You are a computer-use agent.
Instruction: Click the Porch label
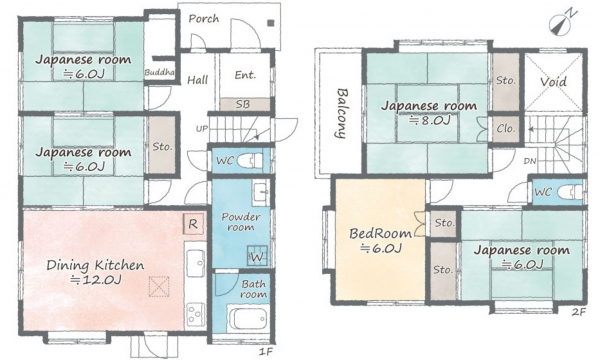point(204,18)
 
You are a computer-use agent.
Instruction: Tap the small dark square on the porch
point(271,23)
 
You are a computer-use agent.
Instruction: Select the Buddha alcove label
point(160,72)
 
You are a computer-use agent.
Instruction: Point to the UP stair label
point(202,129)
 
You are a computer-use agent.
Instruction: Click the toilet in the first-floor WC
point(250,160)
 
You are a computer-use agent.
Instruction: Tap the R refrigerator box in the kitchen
point(193,224)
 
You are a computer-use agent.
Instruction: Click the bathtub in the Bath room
point(246,317)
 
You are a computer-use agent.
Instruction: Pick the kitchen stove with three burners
point(196,314)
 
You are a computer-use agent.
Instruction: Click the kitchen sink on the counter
point(195,262)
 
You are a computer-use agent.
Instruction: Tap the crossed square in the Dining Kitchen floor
point(159,287)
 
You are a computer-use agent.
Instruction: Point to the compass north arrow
point(562,24)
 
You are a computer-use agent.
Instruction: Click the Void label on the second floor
point(553,81)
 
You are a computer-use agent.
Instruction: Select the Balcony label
point(342,113)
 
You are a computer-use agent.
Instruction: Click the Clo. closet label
point(505,129)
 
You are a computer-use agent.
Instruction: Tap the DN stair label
point(530,161)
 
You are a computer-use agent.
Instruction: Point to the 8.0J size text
point(429,121)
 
